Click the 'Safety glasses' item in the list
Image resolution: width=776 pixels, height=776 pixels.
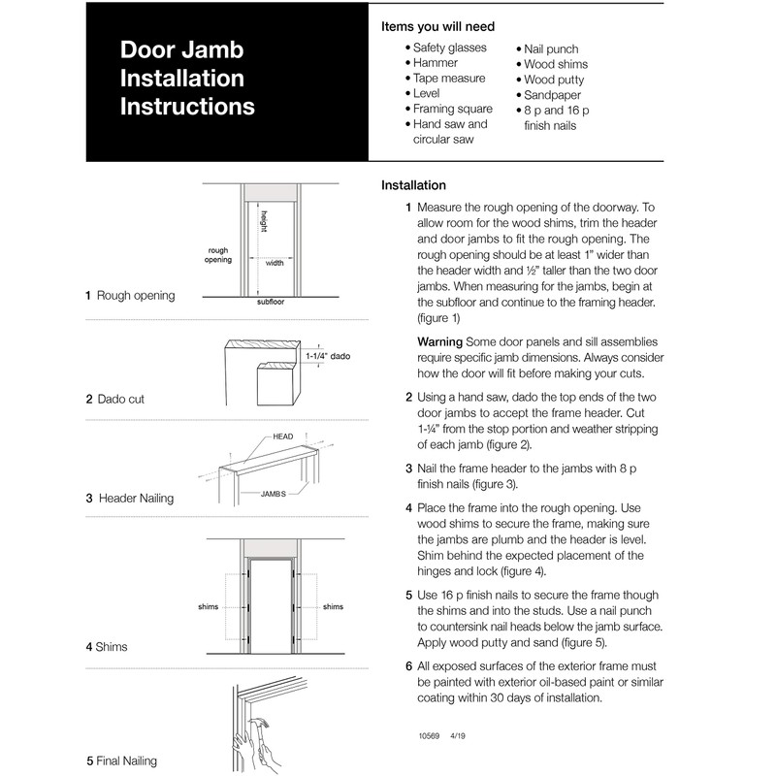pyautogui.click(x=452, y=48)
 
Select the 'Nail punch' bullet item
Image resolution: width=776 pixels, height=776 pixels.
pyautogui.click(x=551, y=48)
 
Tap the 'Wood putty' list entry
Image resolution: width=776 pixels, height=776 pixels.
pyautogui.click(x=555, y=80)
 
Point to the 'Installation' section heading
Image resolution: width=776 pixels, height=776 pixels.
pyautogui.click(x=413, y=185)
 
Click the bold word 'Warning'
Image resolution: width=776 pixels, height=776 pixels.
pyautogui.click(x=439, y=342)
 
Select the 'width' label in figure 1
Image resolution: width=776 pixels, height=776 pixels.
pyautogui.click(x=275, y=263)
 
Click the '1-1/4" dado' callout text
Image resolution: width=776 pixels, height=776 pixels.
pyautogui.click(x=327, y=357)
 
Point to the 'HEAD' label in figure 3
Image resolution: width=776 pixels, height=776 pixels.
pyautogui.click(x=283, y=436)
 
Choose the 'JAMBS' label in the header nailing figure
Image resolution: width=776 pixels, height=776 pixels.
pyautogui.click(x=273, y=494)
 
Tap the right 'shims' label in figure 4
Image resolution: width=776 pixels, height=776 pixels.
pyautogui.click(x=333, y=607)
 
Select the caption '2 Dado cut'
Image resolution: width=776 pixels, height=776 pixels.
pyautogui.click(x=115, y=399)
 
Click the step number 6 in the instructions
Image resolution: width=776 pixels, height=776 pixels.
pyautogui.click(x=408, y=666)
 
